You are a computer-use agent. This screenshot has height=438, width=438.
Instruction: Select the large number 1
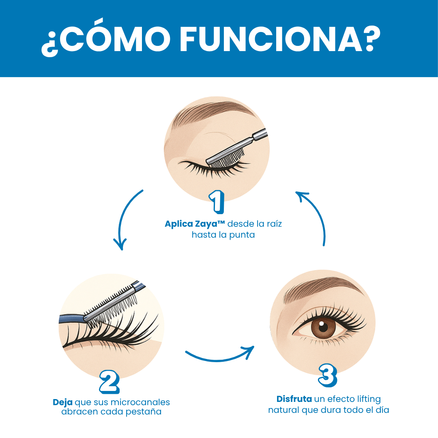coord(217,201)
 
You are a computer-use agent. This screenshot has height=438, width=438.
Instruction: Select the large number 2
coord(109,382)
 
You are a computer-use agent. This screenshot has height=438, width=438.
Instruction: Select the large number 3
coord(328,376)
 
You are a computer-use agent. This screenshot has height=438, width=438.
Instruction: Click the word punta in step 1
coord(242,235)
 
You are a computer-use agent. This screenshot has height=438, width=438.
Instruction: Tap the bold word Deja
coord(62,403)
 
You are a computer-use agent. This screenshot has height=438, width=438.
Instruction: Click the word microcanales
coord(140,402)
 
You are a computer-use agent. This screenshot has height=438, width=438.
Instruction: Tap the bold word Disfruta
coord(294,399)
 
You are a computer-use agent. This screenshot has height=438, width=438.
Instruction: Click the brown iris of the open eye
coord(323,327)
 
